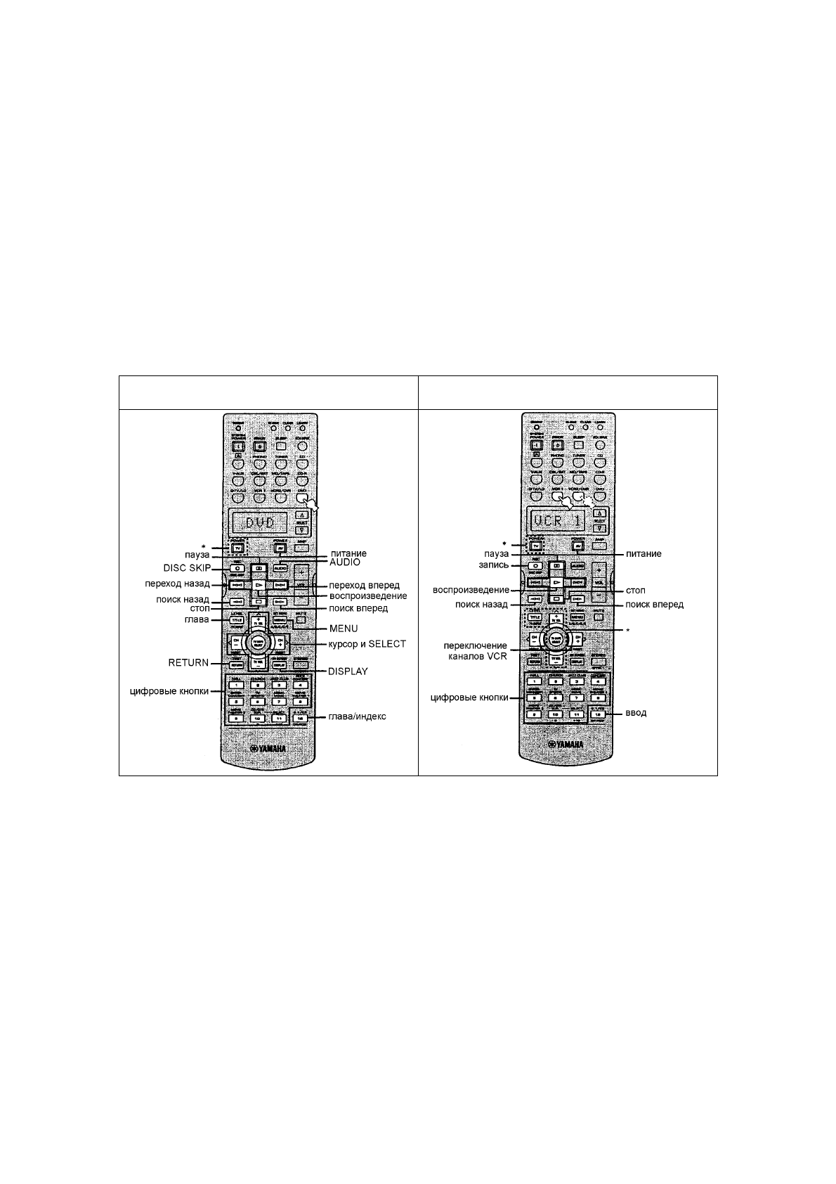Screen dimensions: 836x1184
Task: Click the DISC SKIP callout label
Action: pos(183,568)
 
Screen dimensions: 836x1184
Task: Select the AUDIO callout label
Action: pos(344,563)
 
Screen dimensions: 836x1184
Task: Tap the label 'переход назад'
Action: pos(177,584)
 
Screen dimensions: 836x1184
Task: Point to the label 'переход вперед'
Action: pos(365,585)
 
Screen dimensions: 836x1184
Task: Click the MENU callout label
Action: pos(344,628)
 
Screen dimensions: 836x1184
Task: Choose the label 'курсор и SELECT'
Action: pos(367,644)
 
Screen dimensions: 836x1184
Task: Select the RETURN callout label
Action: pos(188,662)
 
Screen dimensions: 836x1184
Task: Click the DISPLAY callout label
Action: pos(348,671)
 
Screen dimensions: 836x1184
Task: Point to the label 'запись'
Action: pos(485,565)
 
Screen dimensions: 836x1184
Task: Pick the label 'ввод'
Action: pos(636,712)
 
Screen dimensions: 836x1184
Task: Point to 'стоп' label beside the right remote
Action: pos(635,591)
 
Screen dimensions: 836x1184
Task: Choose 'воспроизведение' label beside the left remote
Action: pos(368,596)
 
